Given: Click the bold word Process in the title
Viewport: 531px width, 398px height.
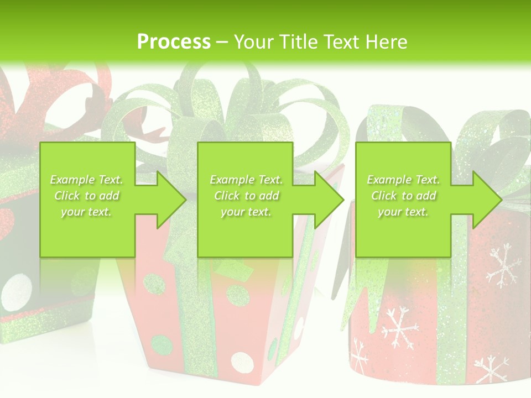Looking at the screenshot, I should pyautogui.click(x=174, y=41).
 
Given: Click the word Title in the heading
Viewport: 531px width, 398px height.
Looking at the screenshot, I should pyautogui.click(x=298, y=41).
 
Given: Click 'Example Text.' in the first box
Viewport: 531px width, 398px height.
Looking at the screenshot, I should pyautogui.click(x=87, y=179).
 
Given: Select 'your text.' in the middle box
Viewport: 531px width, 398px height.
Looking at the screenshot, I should pyautogui.click(x=246, y=212).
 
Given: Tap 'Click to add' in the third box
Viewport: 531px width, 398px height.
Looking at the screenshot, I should pyautogui.click(x=403, y=196).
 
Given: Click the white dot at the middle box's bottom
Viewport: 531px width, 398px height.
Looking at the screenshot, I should pyautogui.click(x=242, y=363).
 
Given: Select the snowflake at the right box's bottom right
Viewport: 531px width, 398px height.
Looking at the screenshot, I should pyautogui.click(x=491, y=369).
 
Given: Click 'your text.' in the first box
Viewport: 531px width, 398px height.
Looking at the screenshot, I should pyautogui.click(x=87, y=212).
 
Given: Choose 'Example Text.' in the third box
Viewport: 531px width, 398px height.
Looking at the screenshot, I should pyautogui.click(x=403, y=179).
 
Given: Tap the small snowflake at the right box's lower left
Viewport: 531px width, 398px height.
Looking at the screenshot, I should pyautogui.click(x=360, y=357).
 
